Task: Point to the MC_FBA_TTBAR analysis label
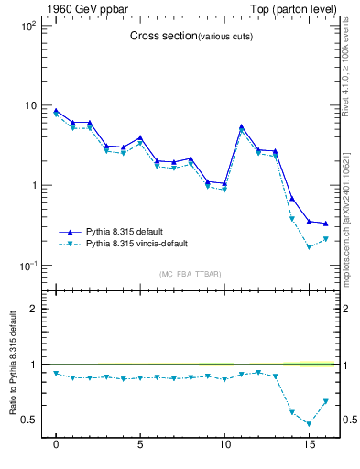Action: (190, 275)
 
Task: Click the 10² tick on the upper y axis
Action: (28, 26)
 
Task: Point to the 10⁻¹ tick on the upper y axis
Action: (28, 266)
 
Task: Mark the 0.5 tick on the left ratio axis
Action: (29, 420)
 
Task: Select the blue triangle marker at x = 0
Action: (56, 110)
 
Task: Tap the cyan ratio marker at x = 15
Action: (309, 424)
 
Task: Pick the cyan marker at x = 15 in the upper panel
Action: (309, 247)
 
